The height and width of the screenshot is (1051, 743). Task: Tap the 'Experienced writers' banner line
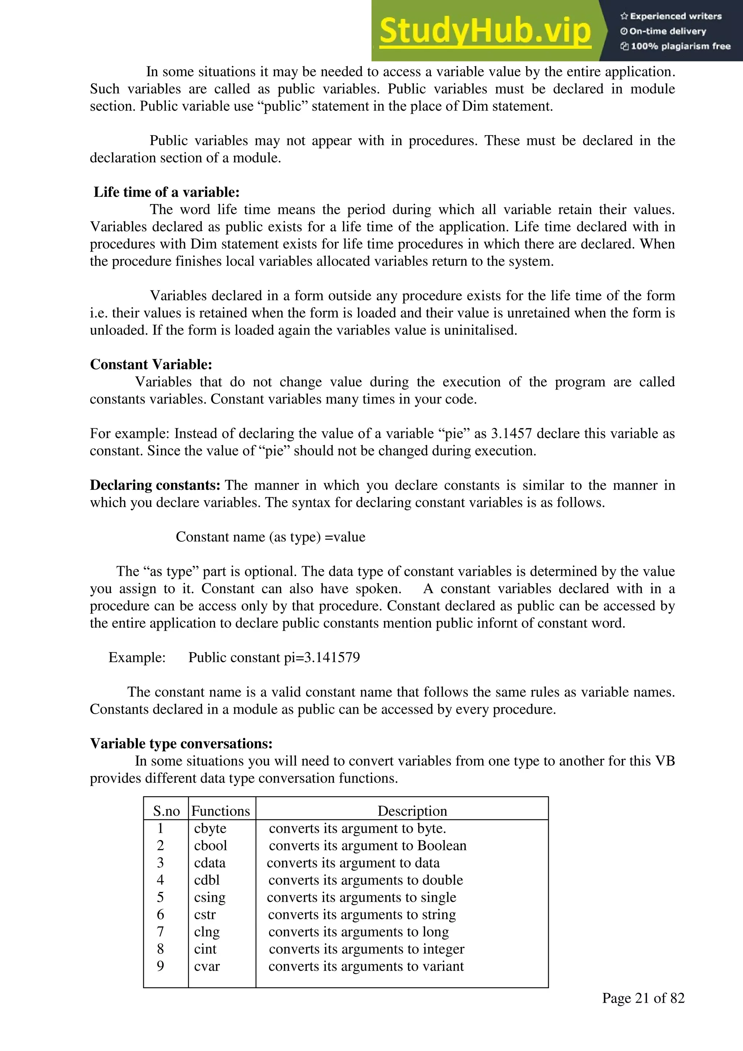click(671, 16)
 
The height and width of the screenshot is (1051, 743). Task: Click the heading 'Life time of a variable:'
click(167, 192)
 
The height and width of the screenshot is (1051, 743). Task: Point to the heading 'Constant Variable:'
click(151, 364)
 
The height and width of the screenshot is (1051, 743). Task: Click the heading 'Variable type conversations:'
click(181, 744)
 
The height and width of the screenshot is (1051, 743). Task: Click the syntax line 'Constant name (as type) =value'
click(270, 537)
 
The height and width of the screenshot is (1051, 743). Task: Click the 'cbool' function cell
click(210, 846)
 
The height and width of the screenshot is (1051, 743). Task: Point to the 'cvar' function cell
click(207, 966)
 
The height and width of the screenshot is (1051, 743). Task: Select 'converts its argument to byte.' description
click(357, 828)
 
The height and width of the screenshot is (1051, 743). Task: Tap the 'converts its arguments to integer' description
click(366, 949)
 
